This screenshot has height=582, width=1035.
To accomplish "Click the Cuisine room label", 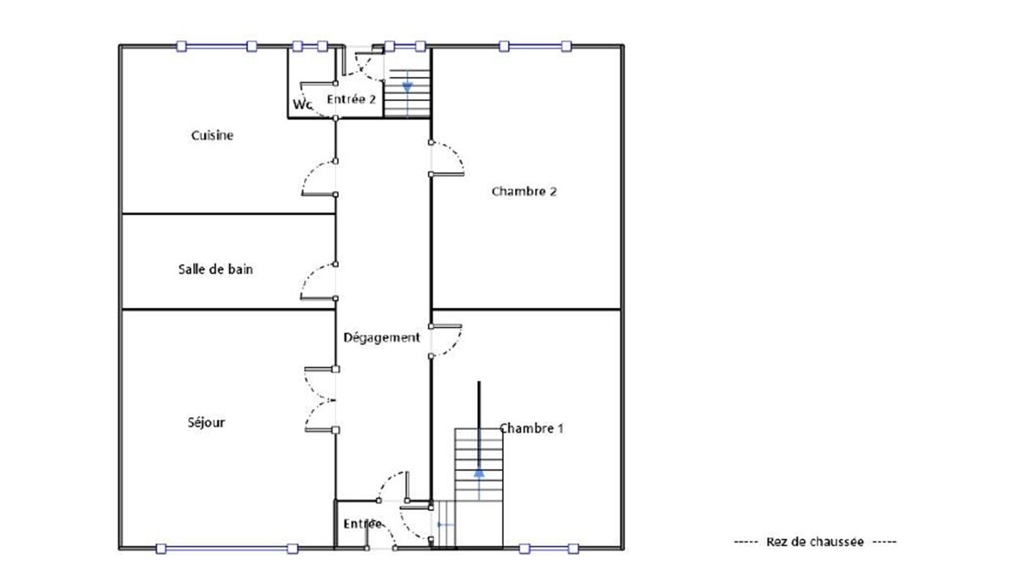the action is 212,135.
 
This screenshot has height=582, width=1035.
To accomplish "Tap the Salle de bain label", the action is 215,269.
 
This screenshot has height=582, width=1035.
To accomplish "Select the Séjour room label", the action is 206,422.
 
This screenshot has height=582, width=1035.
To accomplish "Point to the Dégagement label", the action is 382,338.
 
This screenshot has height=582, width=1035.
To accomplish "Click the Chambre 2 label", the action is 524,192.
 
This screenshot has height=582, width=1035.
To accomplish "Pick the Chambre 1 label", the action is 531,428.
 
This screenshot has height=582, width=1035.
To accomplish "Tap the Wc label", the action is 302,104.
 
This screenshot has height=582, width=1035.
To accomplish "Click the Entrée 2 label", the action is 351,99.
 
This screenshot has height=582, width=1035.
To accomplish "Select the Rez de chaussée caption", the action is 815,542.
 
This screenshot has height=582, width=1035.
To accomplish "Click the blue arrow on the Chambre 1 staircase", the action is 479,473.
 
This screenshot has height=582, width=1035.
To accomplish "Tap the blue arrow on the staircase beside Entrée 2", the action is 407,87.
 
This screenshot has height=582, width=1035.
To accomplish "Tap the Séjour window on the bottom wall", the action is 226,549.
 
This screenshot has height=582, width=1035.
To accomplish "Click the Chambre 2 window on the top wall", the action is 535,46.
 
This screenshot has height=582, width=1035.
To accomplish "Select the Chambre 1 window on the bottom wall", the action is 548,549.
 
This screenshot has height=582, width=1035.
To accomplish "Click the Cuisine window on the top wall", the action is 216,46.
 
